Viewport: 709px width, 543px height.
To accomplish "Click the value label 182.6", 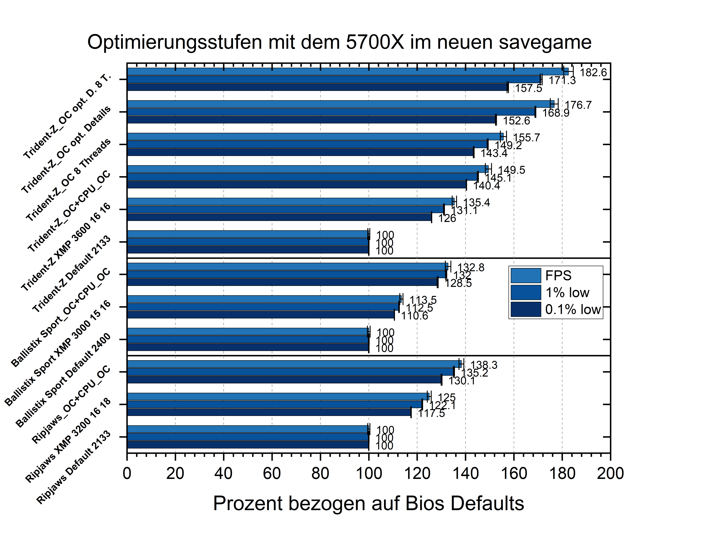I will (593, 73).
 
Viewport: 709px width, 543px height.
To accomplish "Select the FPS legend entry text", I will (558, 276).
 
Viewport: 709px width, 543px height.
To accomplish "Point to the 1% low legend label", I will (567, 293).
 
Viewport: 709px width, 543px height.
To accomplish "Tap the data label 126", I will (447, 218).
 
